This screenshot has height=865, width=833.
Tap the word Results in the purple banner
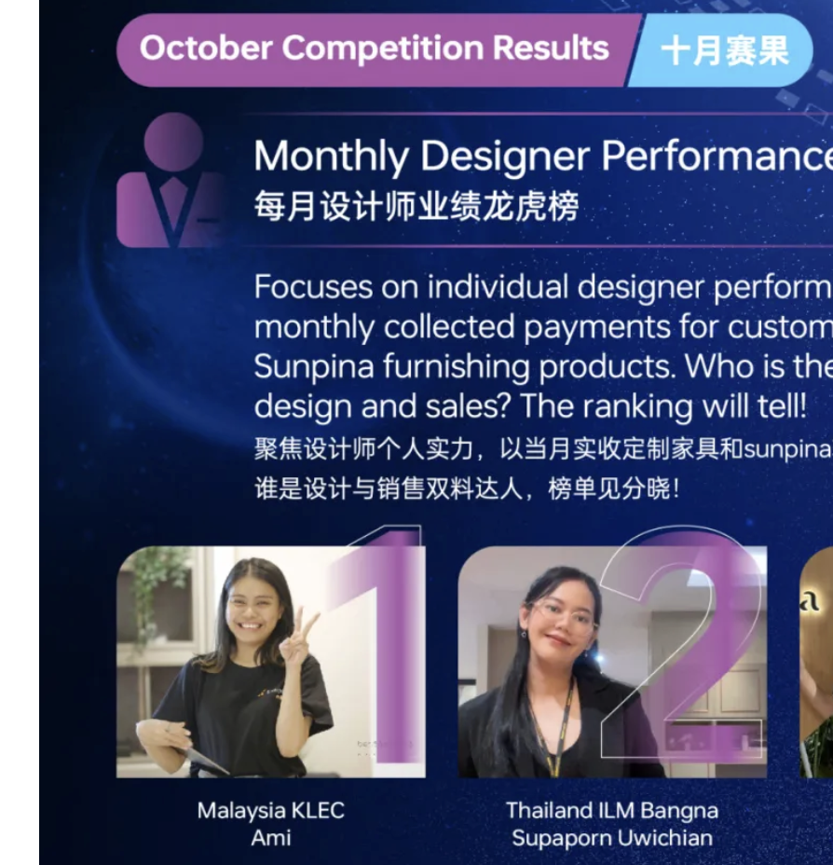(x=551, y=48)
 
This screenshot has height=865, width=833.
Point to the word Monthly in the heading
(x=331, y=157)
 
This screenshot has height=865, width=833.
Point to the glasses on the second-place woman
(x=563, y=613)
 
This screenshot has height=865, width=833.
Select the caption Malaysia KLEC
(x=270, y=811)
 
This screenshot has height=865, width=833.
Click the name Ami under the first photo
(x=270, y=838)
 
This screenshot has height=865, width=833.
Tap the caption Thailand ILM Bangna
(x=612, y=811)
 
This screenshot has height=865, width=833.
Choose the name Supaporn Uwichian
(x=612, y=838)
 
